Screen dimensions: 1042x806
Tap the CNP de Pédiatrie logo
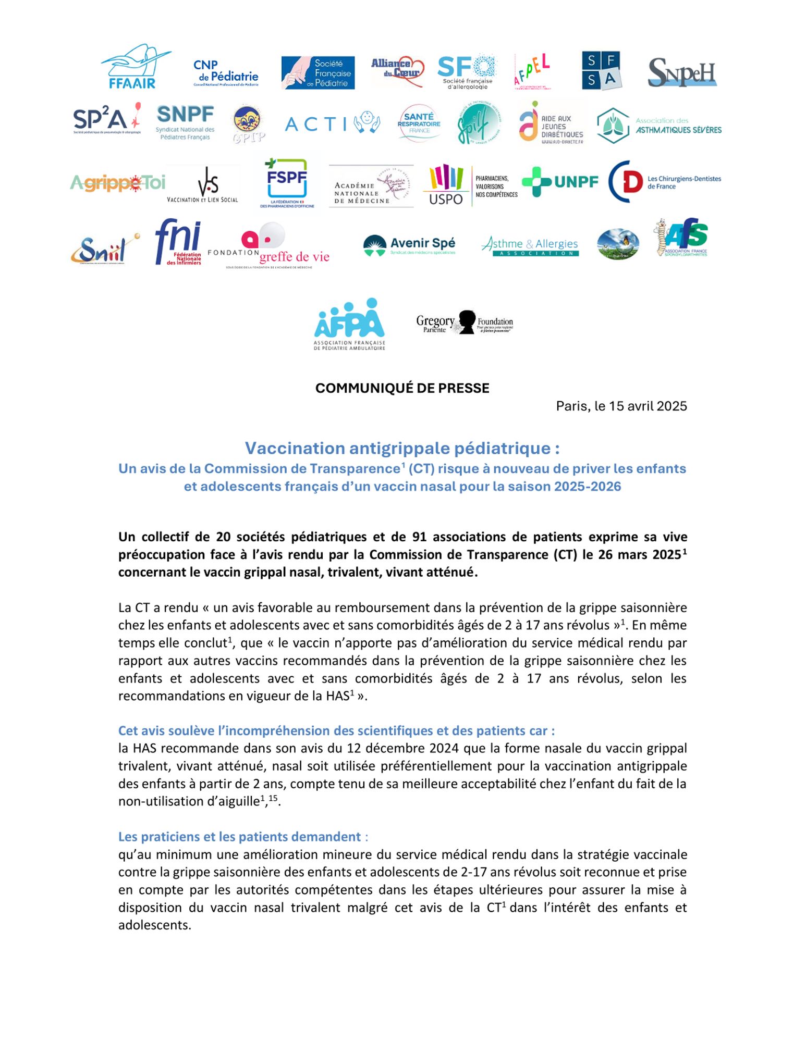(x=225, y=72)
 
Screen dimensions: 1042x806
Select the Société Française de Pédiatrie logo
(x=317, y=72)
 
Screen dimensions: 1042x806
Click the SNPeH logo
(x=682, y=72)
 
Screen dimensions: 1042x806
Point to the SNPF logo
(x=185, y=122)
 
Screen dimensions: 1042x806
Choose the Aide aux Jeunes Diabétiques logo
(x=551, y=123)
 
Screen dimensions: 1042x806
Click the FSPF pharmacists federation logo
(x=287, y=183)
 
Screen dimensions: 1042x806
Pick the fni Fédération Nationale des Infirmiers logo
(x=178, y=242)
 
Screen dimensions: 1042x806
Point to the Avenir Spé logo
(x=409, y=245)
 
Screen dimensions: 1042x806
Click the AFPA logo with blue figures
(x=349, y=324)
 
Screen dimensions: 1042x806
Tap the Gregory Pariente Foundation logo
(x=464, y=322)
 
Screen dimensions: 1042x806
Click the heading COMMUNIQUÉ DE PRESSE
(x=402, y=388)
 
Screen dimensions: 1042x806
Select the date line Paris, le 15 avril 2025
(x=621, y=406)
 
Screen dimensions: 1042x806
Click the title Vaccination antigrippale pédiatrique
(x=402, y=448)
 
